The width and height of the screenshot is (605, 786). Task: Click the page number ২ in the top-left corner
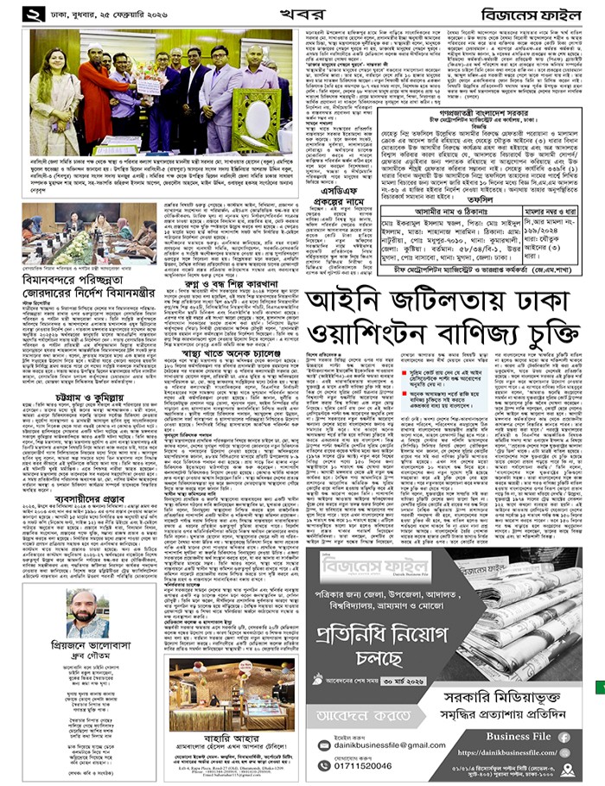pyautogui.click(x=35, y=14)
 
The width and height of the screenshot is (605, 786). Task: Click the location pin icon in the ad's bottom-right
pyautogui.click(x=568, y=769)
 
